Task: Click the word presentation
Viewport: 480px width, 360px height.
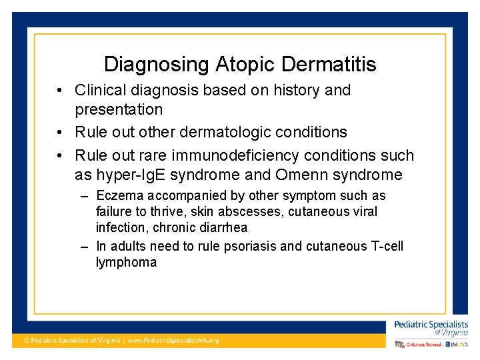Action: (119, 109)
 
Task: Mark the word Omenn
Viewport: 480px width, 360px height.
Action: (311, 175)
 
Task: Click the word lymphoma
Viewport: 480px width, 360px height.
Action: (126, 262)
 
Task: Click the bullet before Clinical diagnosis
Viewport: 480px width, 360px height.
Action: (60, 90)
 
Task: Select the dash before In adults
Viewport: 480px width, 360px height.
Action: (84, 246)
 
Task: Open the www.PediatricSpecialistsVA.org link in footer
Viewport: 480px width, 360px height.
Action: (173, 340)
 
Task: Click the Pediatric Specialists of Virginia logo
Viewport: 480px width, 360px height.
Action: (431, 327)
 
